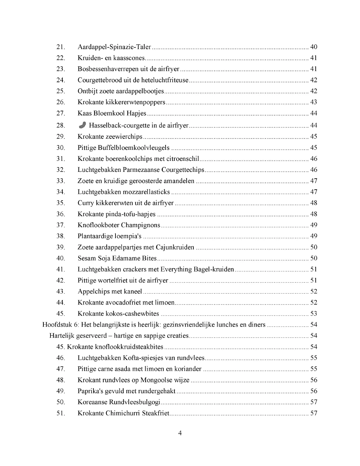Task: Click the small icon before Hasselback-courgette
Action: tap(82, 125)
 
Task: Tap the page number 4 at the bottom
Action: tap(180, 433)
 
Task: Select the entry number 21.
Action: tap(60, 47)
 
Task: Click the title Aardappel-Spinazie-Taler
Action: tap(114, 47)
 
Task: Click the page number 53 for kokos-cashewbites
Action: tap(313, 314)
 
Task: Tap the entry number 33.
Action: tap(60, 181)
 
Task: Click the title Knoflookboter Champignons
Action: tap(119, 225)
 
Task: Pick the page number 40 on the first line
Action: tap(313, 47)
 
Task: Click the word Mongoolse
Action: tap(156, 380)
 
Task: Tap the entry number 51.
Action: tap(60, 413)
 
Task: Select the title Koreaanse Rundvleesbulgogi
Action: tap(119, 402)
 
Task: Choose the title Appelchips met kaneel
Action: tap(110, 292)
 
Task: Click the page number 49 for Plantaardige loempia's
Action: tap(313, 236)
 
